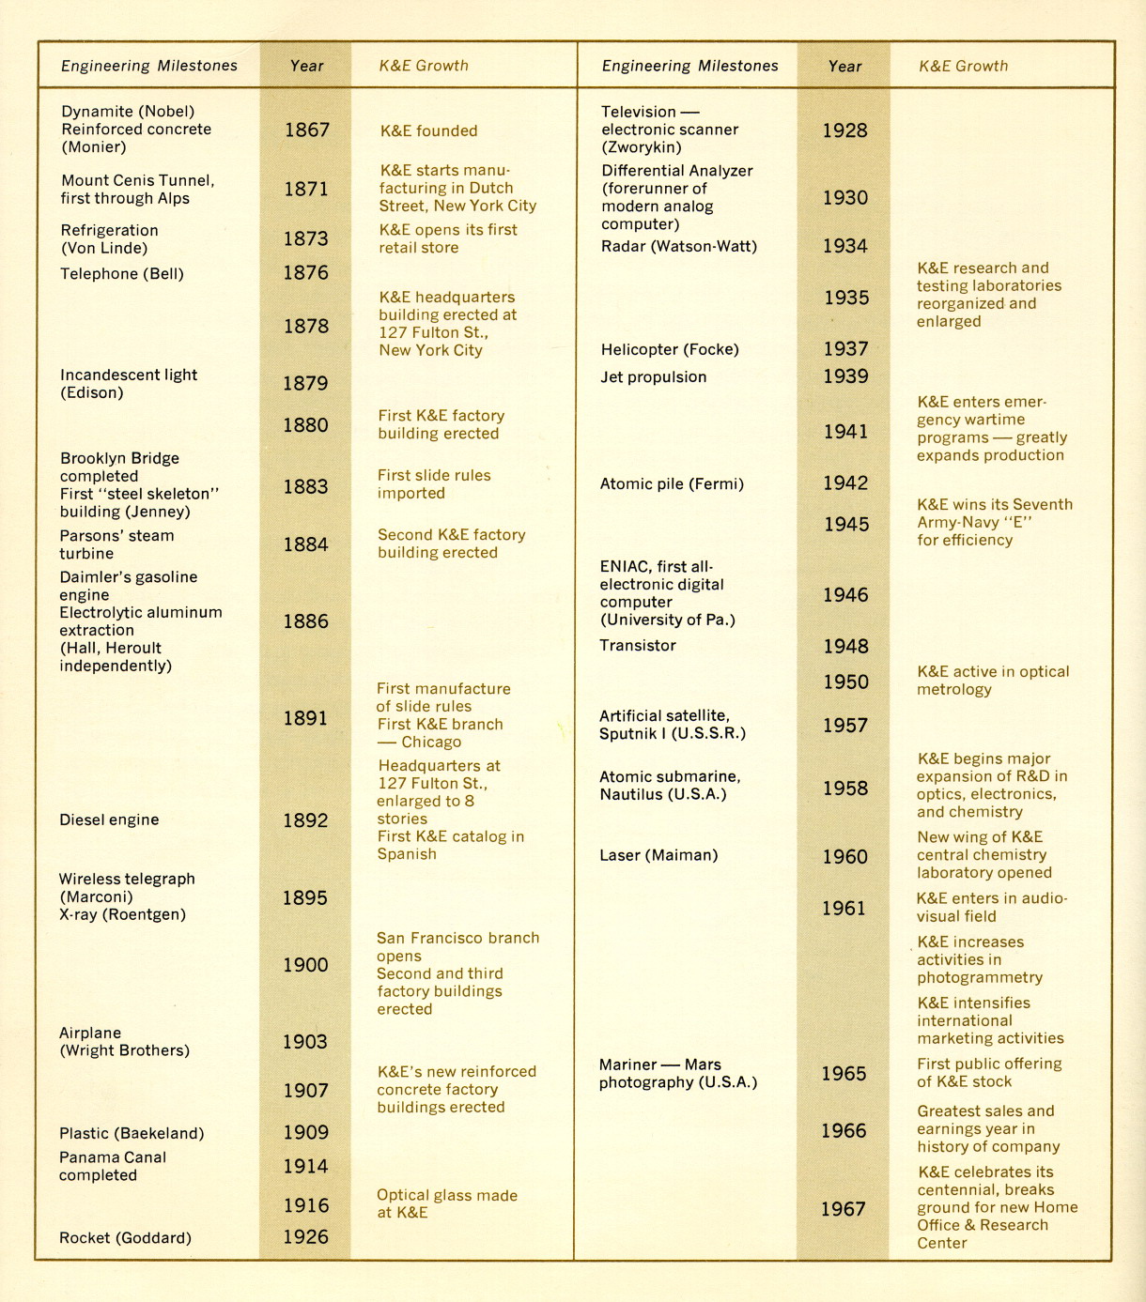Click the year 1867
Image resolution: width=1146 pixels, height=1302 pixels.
click(x=306, y=130)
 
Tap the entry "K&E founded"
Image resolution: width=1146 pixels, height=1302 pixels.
click(x=428, y=130)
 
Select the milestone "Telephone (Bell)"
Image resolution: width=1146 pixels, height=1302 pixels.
click(x=122, y=274)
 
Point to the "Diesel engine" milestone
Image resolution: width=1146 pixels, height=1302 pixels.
click(x=109, y=819)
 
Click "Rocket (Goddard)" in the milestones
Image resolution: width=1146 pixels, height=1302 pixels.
click(x=125, y=1238)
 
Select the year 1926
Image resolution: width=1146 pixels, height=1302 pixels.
click(x=306, y=1237)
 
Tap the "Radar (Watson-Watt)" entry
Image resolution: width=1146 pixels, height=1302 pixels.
click(x=678, y=247)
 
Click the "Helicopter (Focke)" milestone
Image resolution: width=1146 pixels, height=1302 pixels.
click(x=670, y=349)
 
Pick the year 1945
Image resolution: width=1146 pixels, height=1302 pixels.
click(x=846, y=525)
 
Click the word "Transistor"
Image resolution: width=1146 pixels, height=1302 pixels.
click(x=638, y=646)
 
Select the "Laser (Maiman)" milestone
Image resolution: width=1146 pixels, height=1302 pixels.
click(x=658, y=855)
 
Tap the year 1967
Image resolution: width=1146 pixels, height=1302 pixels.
click(x=844, y=1209)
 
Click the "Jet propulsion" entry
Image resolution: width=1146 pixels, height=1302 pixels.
click(x=653, y=377)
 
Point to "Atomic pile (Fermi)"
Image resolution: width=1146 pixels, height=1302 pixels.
click(x=672, y=484)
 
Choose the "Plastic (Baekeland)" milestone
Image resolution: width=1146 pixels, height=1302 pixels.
click(x=132, y=1133)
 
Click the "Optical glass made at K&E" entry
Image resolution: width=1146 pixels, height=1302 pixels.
click(x=446, y=1203)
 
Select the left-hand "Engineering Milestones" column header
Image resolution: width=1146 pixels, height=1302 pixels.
click(x=149, y=66)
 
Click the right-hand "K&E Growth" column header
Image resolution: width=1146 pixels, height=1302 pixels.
click(x=963, y=66)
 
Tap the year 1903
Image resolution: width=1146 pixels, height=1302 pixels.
click(x=305, y=1042)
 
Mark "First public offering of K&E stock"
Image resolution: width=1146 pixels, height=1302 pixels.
click(x=989, y=1072)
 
